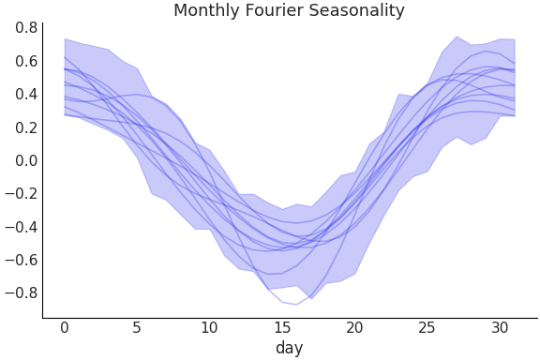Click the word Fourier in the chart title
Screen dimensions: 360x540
click(274, 11)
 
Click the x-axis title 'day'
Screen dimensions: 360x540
click(289, 348)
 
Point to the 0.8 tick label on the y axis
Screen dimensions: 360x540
click(26, 28)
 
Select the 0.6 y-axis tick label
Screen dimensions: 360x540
click(26, 61)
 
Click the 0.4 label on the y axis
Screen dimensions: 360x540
click(26, 94)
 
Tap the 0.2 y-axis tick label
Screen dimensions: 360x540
click(26, 127)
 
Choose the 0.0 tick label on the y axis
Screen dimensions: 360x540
click(26, 160)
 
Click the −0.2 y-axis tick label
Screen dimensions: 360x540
click(22, 193)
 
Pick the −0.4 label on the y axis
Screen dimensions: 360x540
click(22, 226)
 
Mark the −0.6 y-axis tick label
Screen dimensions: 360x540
click(22, 260)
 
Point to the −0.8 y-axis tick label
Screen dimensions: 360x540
click(22, 292)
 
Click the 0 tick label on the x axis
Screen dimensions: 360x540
click(65, 327)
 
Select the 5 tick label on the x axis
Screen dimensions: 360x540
click(137, 327)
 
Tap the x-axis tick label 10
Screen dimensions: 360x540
click(209, 327)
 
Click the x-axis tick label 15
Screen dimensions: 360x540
click(281, 327)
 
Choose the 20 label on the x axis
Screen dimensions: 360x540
click(354, 327)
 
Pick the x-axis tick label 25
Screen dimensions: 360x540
click(427, 327)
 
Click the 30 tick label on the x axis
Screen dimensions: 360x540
click(499, 327)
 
